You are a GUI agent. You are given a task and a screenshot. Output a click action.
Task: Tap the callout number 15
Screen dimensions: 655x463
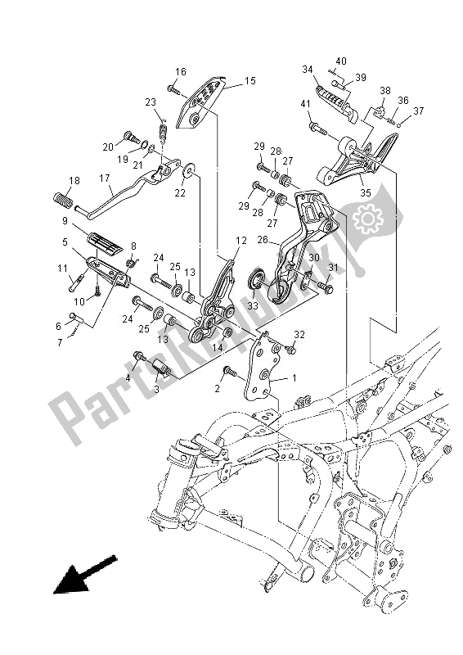pyautogui.click(x=249, y=81)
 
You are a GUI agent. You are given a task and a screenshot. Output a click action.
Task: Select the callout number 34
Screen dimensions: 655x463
pyautogui.click(x=307, y=70)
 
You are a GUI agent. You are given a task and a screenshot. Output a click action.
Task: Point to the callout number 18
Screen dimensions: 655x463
pyautogui.click(x=74, y=180)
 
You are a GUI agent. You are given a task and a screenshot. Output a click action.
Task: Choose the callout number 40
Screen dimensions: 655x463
pyautogui.click(x=341, y=61)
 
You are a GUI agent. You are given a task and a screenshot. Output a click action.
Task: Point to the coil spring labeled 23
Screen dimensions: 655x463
pyautogui.click(x=163, y=128)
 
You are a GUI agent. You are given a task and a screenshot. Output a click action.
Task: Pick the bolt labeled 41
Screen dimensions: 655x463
pyautogui.click(x=317, y=128)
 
